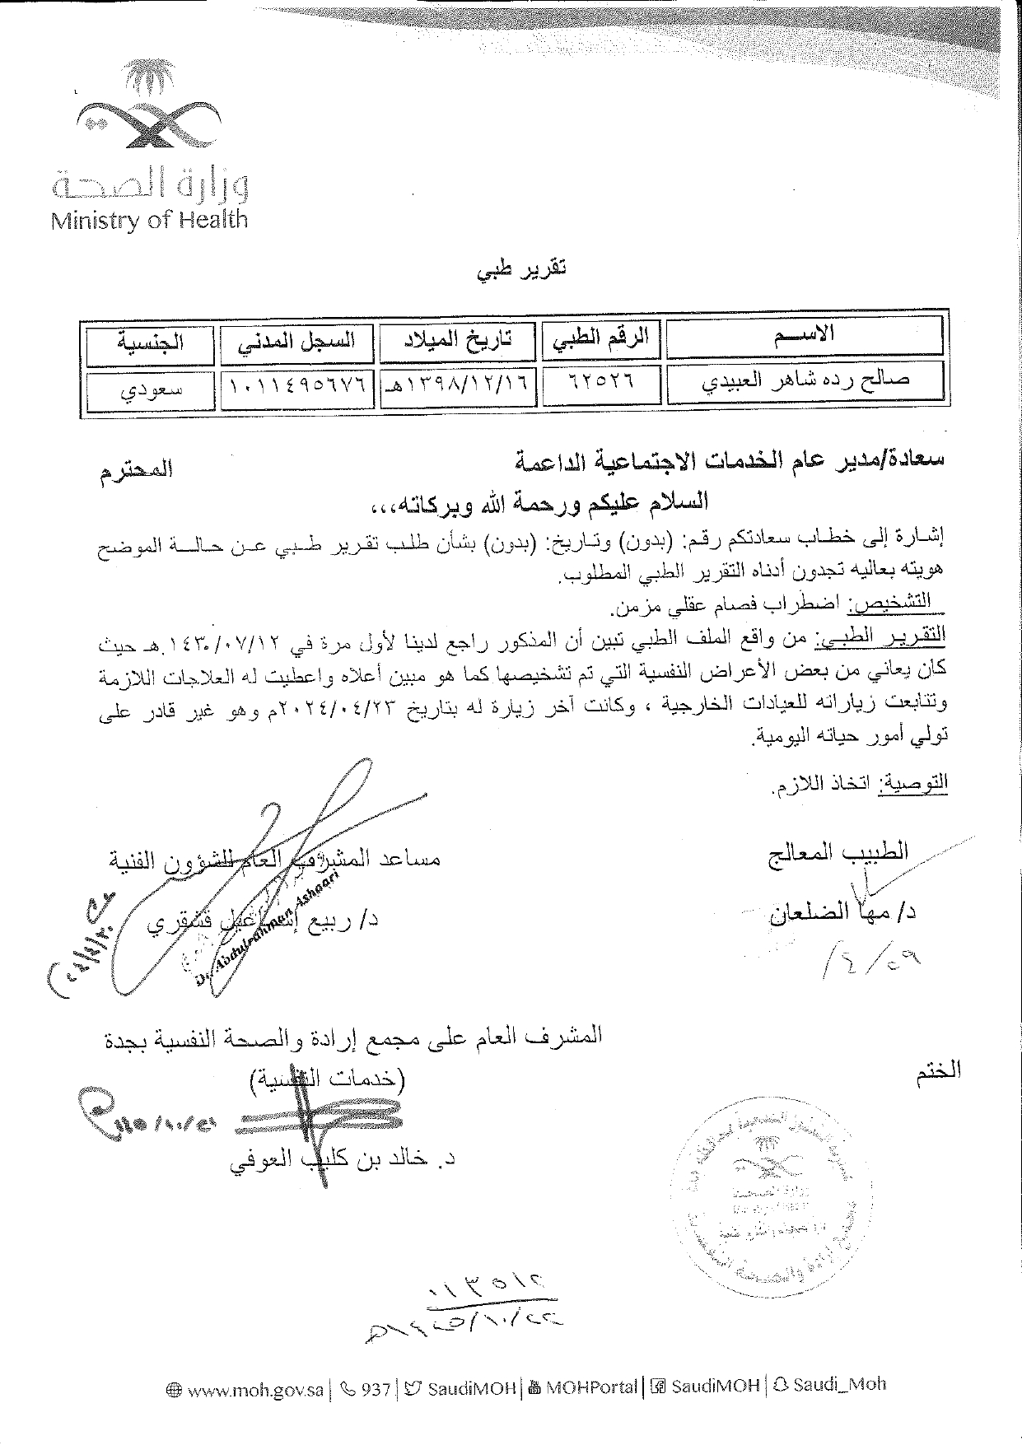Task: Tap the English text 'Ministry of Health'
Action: [148, 220]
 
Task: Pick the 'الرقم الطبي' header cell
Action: [600, 337]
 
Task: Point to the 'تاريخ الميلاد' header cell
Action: [458, 340]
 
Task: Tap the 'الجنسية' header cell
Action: [151, 343]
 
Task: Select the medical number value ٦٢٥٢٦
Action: [600, 382]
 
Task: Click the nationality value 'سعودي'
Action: [151, 390]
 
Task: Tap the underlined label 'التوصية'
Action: [915, 782]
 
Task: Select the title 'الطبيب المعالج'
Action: [838, 851]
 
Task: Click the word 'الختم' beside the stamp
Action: [937, 1071]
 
